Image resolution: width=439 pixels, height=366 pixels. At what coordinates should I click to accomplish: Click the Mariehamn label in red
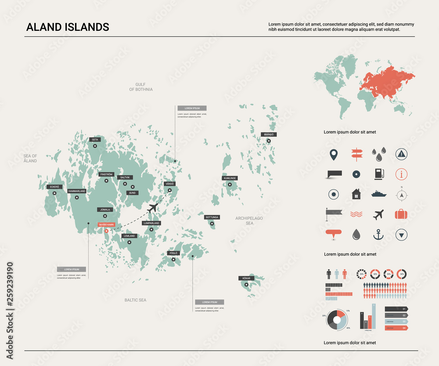[106, 225]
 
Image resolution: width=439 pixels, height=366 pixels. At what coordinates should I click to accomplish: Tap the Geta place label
[95, 139]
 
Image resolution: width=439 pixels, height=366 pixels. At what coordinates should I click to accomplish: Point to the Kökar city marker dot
[246, 285]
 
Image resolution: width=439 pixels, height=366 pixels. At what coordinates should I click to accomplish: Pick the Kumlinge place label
[230, 178]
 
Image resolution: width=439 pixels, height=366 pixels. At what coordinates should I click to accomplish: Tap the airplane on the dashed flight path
[152, 207]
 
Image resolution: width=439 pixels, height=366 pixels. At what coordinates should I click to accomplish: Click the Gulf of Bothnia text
[141, 87]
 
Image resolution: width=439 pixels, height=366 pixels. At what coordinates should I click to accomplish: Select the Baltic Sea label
[135, 300]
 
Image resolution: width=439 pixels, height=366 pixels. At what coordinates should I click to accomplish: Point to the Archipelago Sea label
[249, 221]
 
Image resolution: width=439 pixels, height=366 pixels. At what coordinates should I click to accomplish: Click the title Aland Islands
[68, 27]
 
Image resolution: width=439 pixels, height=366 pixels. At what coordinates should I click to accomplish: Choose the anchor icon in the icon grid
[378, 235]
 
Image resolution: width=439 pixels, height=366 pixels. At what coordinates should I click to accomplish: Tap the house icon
[356, 194]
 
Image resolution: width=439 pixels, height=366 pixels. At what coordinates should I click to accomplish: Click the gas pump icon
[378, 174]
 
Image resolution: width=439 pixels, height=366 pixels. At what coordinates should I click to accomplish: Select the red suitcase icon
[401, 214]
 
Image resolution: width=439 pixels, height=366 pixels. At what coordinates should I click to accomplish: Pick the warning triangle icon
[401, 153]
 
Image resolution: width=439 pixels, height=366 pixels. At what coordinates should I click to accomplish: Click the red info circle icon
[401, 174]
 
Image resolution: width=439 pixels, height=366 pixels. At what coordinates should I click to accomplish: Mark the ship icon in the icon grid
[378, 194]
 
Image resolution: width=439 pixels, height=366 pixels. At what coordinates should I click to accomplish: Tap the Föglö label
[173, 253]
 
